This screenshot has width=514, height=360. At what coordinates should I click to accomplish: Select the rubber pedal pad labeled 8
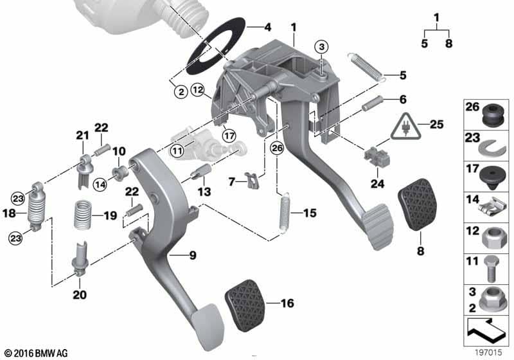click(419, 204)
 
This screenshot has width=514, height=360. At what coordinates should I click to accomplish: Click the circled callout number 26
click(277, 148)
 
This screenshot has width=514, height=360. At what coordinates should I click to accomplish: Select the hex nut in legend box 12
click(490, 239)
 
